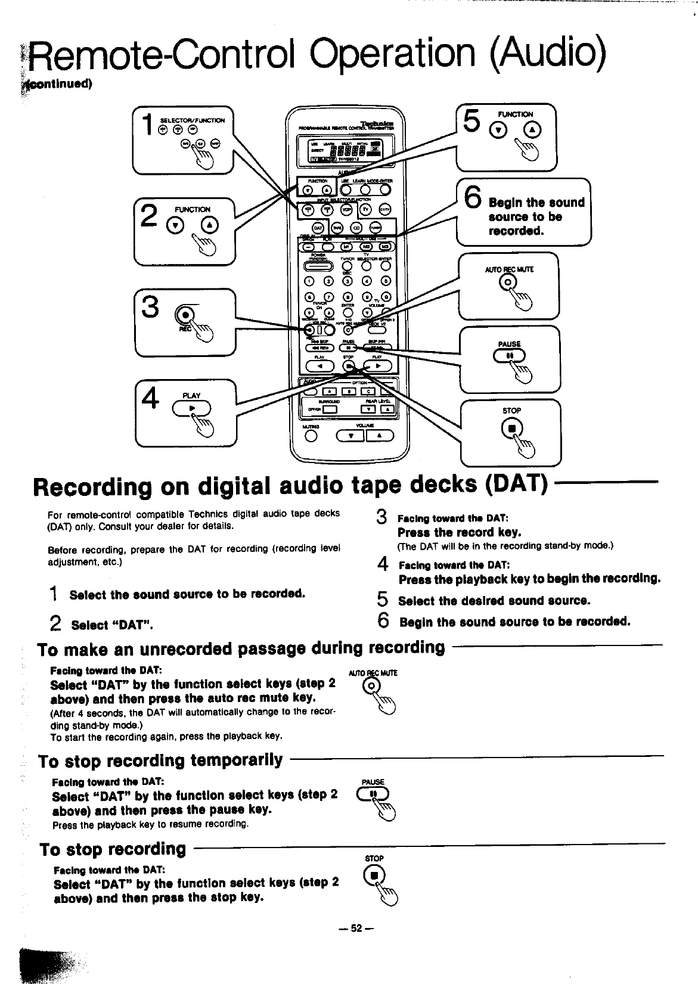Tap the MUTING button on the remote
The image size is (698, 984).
coord(310,436)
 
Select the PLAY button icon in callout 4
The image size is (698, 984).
coord(191,408)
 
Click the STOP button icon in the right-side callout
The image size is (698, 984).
coord(511,428)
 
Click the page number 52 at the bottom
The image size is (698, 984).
coord(356,928)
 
